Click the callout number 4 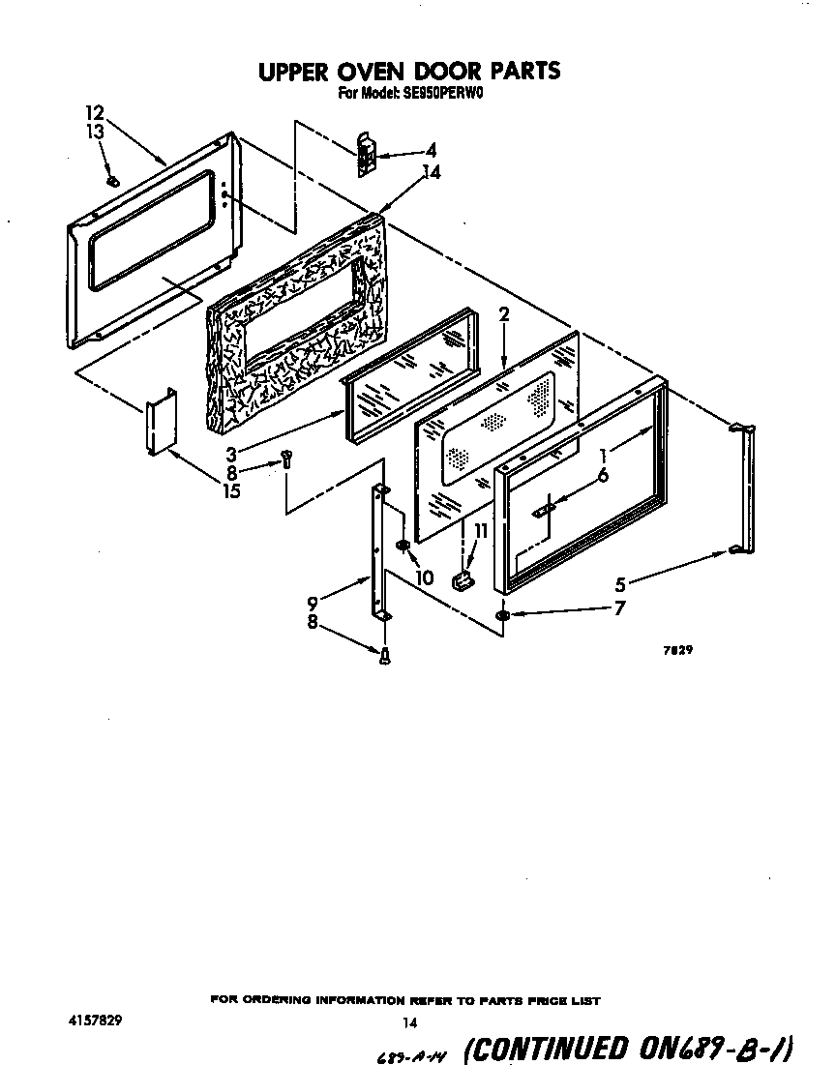(431, 150)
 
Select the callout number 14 (432, 174)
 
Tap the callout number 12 (94, 112)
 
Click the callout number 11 (480, 531)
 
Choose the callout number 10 (422, 577)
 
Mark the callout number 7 (618, 608)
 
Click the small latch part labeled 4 (366, 155)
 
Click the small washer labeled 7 (502, 615)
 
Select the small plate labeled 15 (159, 422)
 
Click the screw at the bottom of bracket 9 (385, 657)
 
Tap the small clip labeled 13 (113, 180)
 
